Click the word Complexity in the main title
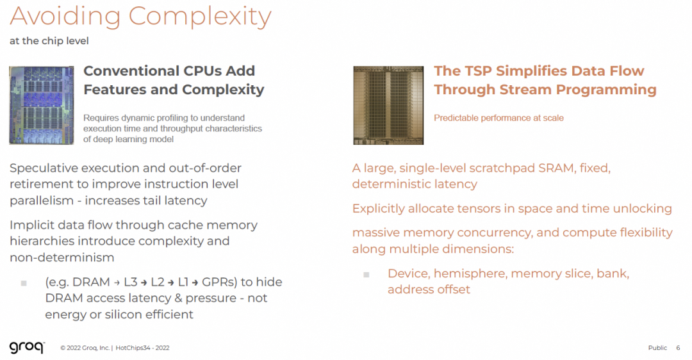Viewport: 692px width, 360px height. click(199, 17)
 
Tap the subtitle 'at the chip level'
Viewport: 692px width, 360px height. click(49, 41)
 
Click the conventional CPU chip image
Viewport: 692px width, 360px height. click(42, 105)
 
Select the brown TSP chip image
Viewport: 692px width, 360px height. click(388, 105)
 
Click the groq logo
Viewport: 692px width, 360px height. click(26, 347)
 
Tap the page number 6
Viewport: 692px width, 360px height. click(678, 348)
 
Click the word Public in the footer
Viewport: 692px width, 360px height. click(657, 348)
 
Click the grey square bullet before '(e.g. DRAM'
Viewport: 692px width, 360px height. click(24, 282)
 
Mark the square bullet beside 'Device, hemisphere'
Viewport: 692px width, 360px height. click(367, 274)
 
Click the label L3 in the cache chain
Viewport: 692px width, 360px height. click(131, 282)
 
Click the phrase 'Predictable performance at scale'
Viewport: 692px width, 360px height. click(498, 118)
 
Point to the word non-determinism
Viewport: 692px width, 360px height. click(62, 258)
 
